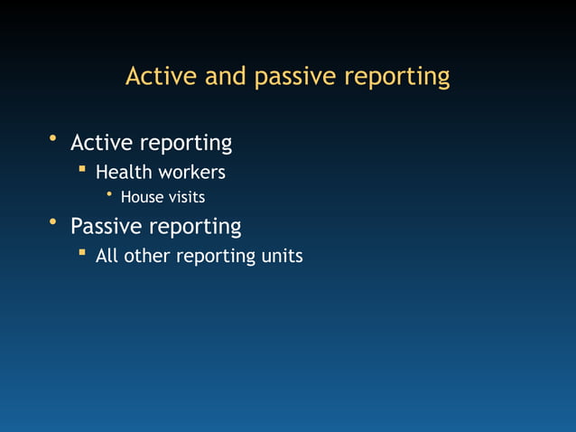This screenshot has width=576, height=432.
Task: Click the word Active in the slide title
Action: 162,77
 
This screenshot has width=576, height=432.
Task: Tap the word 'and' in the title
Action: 227,77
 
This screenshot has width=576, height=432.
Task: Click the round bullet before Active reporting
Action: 53,138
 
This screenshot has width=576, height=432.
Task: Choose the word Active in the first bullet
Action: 100,143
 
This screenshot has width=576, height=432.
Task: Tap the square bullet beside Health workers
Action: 81,168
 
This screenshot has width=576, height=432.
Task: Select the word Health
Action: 125,172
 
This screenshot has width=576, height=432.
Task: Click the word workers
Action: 192,172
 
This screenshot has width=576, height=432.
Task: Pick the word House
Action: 141,197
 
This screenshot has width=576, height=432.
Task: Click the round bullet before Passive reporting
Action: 53,221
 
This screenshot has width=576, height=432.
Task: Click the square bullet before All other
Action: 81,252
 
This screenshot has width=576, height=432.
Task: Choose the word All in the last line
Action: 107,256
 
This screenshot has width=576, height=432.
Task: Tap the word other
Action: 146,256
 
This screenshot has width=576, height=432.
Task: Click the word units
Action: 283,256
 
